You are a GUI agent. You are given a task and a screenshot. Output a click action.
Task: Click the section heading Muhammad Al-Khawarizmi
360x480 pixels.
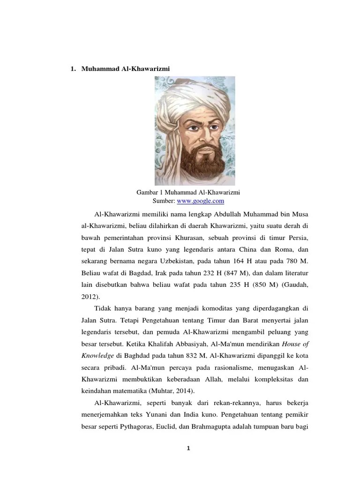(125, 69)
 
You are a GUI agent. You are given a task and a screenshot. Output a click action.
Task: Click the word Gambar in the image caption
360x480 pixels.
(146, 192)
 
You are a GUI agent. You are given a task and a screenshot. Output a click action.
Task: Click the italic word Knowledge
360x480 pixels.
(97, 355)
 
